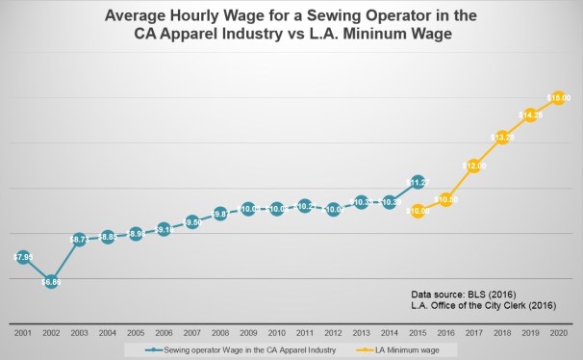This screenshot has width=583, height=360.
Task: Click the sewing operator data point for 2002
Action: click(x=51, y=282)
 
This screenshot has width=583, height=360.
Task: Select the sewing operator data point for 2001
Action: click(x=22, y=257)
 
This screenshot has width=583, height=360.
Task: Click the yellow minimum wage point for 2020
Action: click(x=559, y=97)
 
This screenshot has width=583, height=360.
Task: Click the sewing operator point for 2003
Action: click(x=80, y=238)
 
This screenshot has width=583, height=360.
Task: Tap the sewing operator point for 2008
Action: click(x=220, y=213)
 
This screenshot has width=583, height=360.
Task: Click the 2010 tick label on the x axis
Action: click(x=276, y=332)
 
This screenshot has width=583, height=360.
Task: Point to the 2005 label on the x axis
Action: click(x=136, y=332)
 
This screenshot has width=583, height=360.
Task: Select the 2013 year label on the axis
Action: click(x=361, y=332)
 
